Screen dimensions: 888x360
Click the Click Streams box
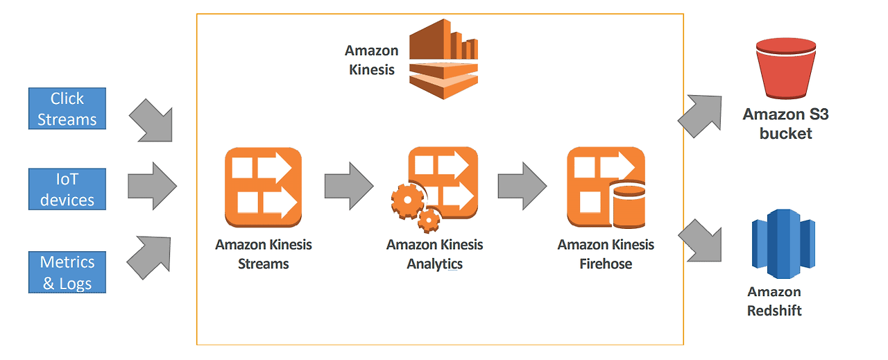(67, 109)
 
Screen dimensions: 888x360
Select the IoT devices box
(67, 189)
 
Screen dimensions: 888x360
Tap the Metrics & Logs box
(67, 273)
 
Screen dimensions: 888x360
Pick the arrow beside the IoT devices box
(152, 186)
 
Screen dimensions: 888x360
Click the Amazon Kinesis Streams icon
(263, 187)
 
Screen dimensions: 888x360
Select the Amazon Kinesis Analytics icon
(435, 189)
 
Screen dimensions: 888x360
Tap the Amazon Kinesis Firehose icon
(606, 187)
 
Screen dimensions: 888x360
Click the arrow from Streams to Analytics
(349, 186)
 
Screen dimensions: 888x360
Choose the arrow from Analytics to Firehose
(522, 186)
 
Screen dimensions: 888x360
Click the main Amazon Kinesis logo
(443, 59)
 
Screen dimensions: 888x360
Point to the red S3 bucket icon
(786, 68)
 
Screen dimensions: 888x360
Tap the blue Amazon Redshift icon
(783, 244)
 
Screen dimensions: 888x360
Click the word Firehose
(606, 264)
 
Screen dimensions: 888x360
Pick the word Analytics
(434, 264)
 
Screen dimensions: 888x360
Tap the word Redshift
(774, 311)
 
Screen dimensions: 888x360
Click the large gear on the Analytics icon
(407, 200)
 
